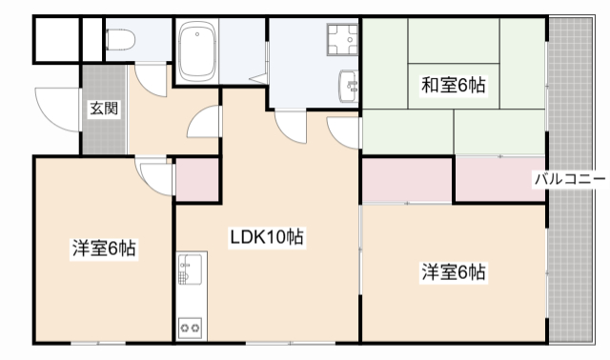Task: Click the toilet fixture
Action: (x=120, y=40)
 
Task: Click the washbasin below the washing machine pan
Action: (x=347, y=87)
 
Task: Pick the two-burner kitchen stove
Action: (x=189, y=328)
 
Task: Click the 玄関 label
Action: (x=104, y=108)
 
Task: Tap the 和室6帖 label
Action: (x=454, y=86)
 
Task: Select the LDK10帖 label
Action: (x=266, y=236)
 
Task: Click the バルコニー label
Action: (x=568, y=177)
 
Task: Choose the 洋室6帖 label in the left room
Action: (x=104, y=250)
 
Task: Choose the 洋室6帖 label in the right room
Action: (x=454, y=272)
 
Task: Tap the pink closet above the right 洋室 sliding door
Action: (x=407, y=179)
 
